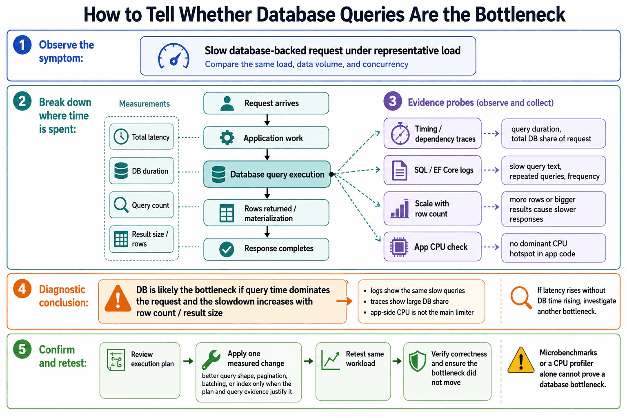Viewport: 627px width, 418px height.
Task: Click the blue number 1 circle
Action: point(22,45)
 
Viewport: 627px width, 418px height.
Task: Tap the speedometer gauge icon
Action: point(173,56)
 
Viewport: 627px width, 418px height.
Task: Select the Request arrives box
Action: point(266,103)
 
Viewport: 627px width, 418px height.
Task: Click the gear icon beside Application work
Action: point(227,138)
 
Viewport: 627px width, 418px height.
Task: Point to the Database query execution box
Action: point(267,174)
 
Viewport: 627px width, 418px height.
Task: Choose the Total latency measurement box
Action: point(141,137)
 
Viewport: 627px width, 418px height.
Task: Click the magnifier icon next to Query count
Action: point(121,205)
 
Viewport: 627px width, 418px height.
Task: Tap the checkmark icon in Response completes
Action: point(227,249)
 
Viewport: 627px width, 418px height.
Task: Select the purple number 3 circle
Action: point(392,101)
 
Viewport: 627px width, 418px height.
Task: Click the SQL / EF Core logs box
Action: point(432,170)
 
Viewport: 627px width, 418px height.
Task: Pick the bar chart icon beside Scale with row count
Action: point(400,208)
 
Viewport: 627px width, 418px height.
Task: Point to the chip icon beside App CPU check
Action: point(399,247)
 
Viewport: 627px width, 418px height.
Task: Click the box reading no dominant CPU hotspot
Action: point(554,248)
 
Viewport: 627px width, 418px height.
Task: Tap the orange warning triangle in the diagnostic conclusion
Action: point(118,299)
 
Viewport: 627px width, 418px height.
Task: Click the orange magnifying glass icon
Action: point(520,298)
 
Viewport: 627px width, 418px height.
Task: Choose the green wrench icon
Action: point(211,360)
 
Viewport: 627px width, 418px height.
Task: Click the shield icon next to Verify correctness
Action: point(417,361)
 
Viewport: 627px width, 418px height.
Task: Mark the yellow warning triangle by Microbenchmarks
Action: point(520,360)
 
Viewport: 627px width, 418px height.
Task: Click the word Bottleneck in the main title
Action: point(520,15)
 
